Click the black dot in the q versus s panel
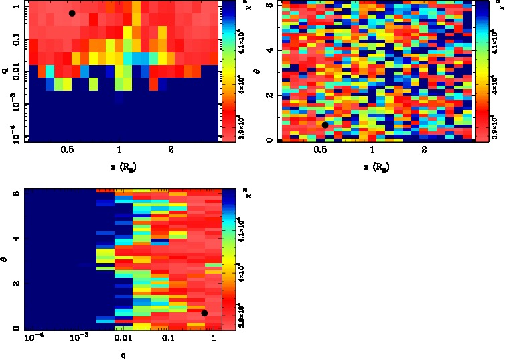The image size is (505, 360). coord(72,13)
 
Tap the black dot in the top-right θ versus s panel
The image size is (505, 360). coord(325,125)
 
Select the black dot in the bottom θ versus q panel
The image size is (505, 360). coord(204,313)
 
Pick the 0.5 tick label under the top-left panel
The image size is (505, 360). coord(67,149)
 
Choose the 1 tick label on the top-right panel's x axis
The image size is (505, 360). coord(372,149)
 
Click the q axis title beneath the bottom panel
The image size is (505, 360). coord(124,355)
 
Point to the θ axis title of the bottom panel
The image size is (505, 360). coord(5,257)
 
